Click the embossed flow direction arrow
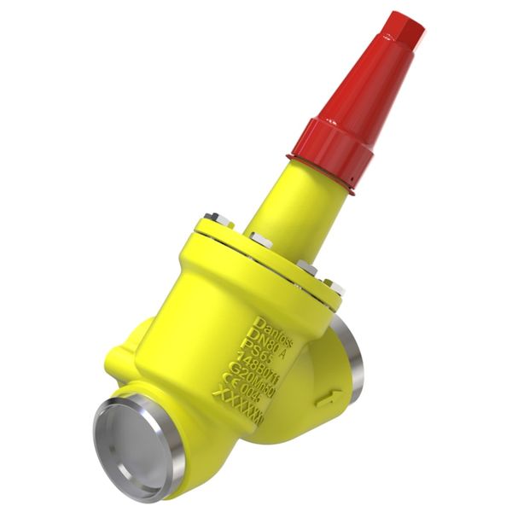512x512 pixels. tap(328, 398)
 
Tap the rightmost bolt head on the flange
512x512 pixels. tap(335, 288)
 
